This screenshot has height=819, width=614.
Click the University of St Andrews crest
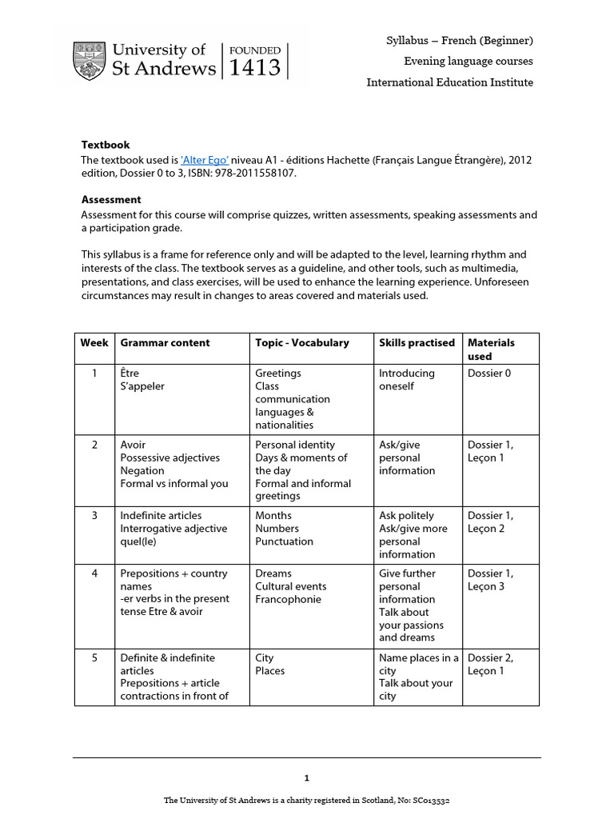point(89,61)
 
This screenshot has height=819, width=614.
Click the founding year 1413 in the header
point(255,68)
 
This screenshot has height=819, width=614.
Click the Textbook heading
point(105,145)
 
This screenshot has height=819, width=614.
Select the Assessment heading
point(111,199)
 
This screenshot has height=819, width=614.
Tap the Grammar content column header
point(165,342)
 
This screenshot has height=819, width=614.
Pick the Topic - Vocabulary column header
point(302,342)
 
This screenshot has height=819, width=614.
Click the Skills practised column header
point(417,342)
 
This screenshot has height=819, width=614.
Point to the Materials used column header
point(491,349)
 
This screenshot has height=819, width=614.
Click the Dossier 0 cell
point(488,373)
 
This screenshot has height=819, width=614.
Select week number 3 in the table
point(94,515)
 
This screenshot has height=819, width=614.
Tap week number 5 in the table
point(94,657)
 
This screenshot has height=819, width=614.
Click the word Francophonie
point(288,599)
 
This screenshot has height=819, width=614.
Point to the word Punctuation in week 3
point(284,541)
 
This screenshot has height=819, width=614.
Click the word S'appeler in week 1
point(142,386)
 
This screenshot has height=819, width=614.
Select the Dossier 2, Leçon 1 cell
point(490,664)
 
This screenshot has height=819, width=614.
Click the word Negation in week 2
point(142,470)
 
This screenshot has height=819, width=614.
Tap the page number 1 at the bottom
point(306,777)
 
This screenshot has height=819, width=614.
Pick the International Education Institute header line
point(449,82)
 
